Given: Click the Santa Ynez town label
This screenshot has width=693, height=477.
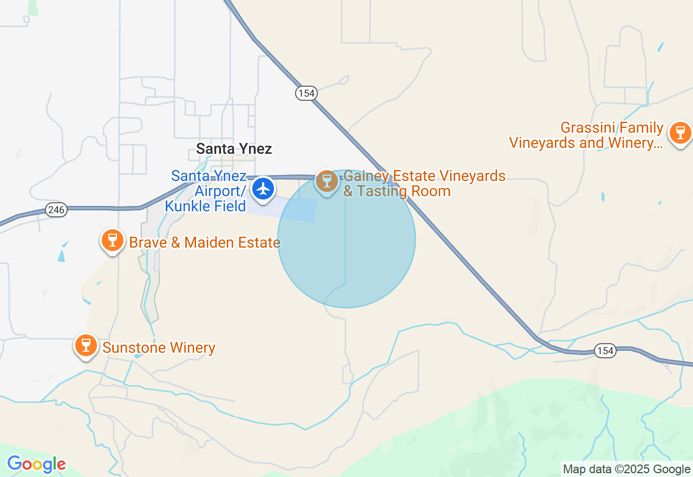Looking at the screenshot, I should coord(234,149).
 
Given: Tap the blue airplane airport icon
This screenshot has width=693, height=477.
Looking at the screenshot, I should coord(264,189).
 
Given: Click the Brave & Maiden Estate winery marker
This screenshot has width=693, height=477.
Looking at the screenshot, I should coord(112,239).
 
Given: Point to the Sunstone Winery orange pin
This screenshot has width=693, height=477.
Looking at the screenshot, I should coord(86,344).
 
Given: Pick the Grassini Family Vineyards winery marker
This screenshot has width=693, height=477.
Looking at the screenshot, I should coord(679,132).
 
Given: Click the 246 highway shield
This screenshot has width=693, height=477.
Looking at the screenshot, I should coord(56,210).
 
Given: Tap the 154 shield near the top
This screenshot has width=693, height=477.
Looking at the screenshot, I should coord(306,93).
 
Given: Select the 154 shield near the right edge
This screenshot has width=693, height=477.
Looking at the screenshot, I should coord(605,351).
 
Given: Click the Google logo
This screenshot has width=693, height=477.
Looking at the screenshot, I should coord(36,464).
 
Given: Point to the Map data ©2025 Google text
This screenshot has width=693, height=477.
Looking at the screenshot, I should coord(626,469).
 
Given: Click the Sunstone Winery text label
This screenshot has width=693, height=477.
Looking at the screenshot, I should coord(159,347).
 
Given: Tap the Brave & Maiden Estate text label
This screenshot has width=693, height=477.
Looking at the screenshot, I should coord(205,242).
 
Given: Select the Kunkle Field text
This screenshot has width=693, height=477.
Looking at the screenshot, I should coord(206,206).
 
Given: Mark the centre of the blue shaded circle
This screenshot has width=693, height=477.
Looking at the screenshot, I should coord(346,239).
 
